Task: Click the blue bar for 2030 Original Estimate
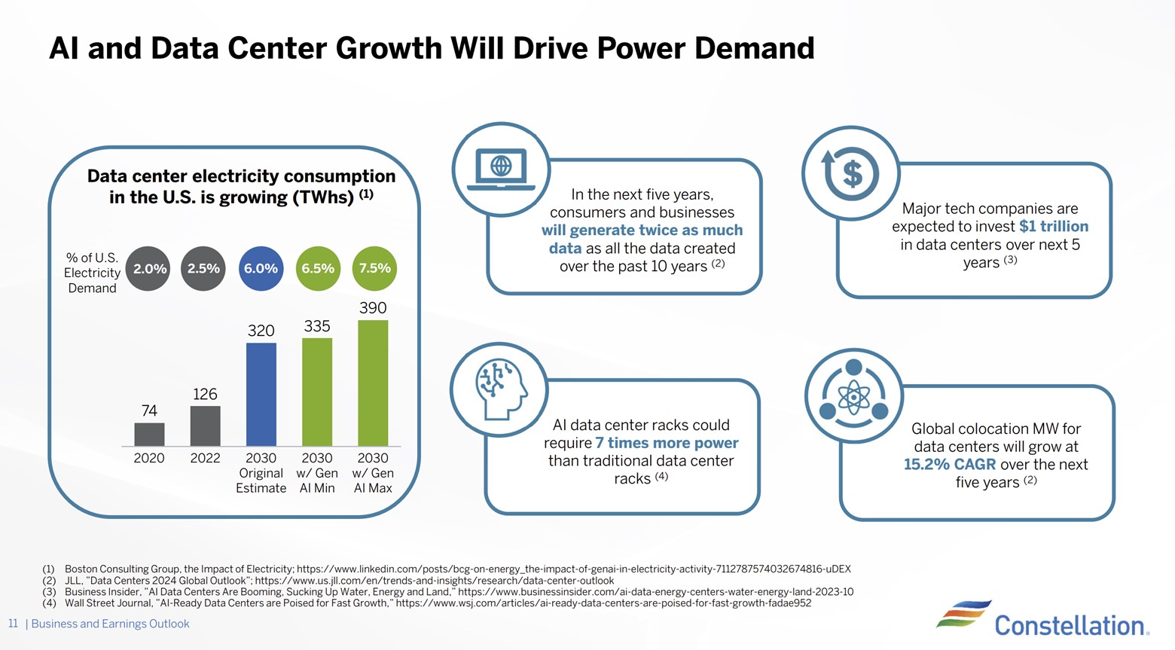tap(261, 394)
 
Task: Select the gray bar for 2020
tap(149, 434)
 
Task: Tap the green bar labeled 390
tap(373, 383)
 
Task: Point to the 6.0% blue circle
tap(261, 269)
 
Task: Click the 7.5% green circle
tap(374, 269)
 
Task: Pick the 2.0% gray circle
tap(149, 269)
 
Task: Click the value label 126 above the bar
tap(205, 394)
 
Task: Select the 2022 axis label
tap(205, 458)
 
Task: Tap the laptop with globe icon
tap(501, 169)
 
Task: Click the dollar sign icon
tap(851, 173)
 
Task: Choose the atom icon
tap(853, 397)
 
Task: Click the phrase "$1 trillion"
tap(1053, 226)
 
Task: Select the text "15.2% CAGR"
tap(949, 464)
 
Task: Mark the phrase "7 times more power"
tap(667, 443)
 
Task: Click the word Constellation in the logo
tap(1070, 625)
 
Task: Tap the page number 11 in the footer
tap(13, 624)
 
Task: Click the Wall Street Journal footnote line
tap(437, 603)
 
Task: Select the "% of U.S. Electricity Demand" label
tap(92, 273)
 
